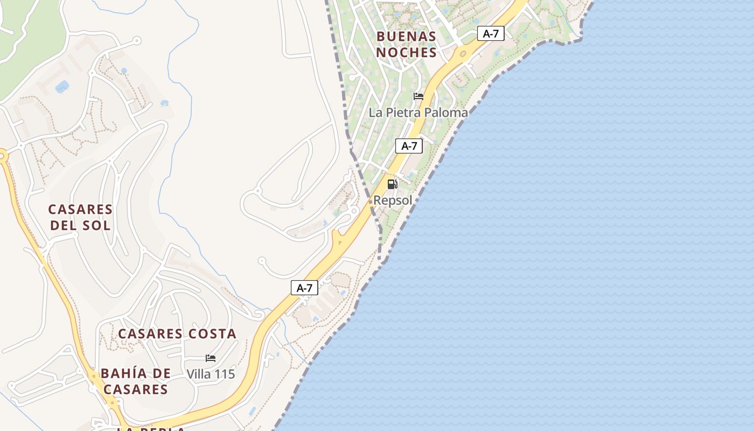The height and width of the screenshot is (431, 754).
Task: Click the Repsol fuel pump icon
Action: click(393, 184)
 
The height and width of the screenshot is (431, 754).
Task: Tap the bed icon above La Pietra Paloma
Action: click(418, 96)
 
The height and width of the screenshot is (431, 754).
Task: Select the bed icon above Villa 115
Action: click(211, 358)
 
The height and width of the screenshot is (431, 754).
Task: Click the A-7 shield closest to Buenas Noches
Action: click(491, 33)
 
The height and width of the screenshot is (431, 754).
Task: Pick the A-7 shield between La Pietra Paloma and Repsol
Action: click(409, 145)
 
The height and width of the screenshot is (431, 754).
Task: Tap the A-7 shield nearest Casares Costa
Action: click(304, 288)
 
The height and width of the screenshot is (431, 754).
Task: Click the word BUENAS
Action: click(406, 37)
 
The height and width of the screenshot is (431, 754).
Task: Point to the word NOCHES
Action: click(406, 52)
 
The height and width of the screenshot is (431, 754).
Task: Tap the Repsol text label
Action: click(393, 200)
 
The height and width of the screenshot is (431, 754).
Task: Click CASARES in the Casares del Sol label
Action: click(80, 209)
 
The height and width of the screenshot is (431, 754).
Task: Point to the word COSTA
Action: click(212, 333)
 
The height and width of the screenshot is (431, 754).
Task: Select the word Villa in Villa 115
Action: click(198, 374)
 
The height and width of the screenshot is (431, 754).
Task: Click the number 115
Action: click(224, 374)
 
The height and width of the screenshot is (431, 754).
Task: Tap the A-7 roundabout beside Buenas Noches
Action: click(463, 54)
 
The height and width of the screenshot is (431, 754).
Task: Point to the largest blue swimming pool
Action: click(62, 86)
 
